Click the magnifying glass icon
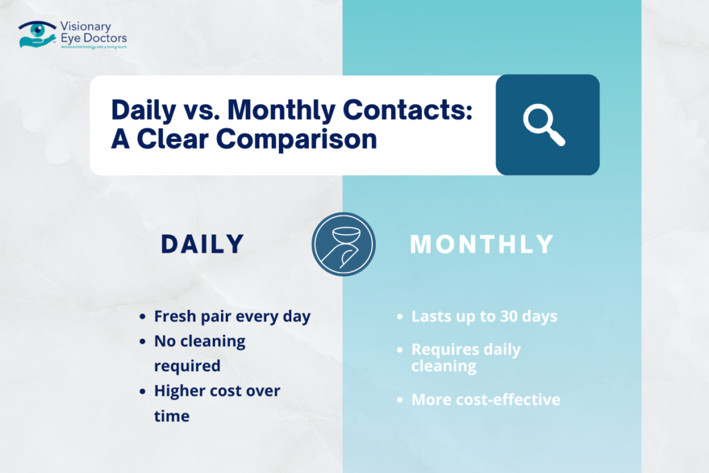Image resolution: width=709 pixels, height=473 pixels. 544,125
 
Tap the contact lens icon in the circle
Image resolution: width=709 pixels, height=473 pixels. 343,244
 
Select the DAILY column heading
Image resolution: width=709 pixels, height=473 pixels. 202,244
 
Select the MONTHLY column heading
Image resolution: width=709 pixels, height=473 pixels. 482,244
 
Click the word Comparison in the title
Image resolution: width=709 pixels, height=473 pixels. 297,139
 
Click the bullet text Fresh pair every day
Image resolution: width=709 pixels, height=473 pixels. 232,317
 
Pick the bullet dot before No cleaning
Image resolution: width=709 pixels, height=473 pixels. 142,341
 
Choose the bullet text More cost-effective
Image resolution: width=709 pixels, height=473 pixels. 485,399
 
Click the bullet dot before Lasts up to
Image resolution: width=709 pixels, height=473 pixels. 400,317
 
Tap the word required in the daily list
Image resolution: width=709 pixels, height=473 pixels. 187,366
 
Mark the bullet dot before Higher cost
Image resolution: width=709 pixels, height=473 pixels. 142,391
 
